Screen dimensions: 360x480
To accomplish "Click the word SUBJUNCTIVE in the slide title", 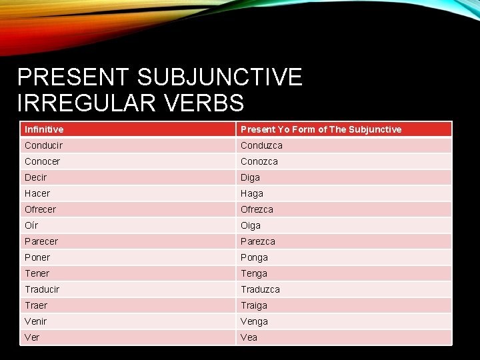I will pyautogui.click(x=219, y=77).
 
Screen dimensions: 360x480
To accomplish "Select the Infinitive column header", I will pyautogui.click(x=44, y=129).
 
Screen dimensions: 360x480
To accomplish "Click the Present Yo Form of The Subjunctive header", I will pyautogui.click(x=321, y=129).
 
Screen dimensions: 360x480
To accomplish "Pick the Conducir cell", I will pyautogui.click(x=44, y=145).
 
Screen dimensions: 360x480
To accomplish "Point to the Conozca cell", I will pyautogui.click(x=259, y=161).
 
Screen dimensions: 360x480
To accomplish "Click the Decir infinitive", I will pyautogui.click(x=36, y=177).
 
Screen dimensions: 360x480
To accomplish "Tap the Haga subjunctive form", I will pyautogui.click(x=252, y=193).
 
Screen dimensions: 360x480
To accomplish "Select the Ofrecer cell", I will pyautogui.click(x=41, y=209).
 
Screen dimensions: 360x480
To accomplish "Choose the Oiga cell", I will pyautogui.click(x=251, y=225).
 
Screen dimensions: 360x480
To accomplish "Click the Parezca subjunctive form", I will pyautogui.click(x=258, y=241).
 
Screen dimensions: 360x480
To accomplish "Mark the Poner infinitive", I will pyautogui.click(x=37, y=257).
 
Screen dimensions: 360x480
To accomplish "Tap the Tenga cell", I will pyautogui.click(x=254, y=273).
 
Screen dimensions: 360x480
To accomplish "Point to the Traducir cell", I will pyautogui.click(x=42, y=289).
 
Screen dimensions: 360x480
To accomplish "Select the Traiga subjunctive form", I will pyautogui.click(x=254, y=305).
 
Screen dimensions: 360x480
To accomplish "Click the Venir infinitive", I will pyautogui.click(x=36, y=321).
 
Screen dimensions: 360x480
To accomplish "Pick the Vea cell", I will pyautogui.click(x=249, y=337).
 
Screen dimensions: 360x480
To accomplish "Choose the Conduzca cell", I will pyautogui.click(x=261, y=145).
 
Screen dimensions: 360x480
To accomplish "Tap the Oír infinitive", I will pyautogui.click(x=31, y=225).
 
